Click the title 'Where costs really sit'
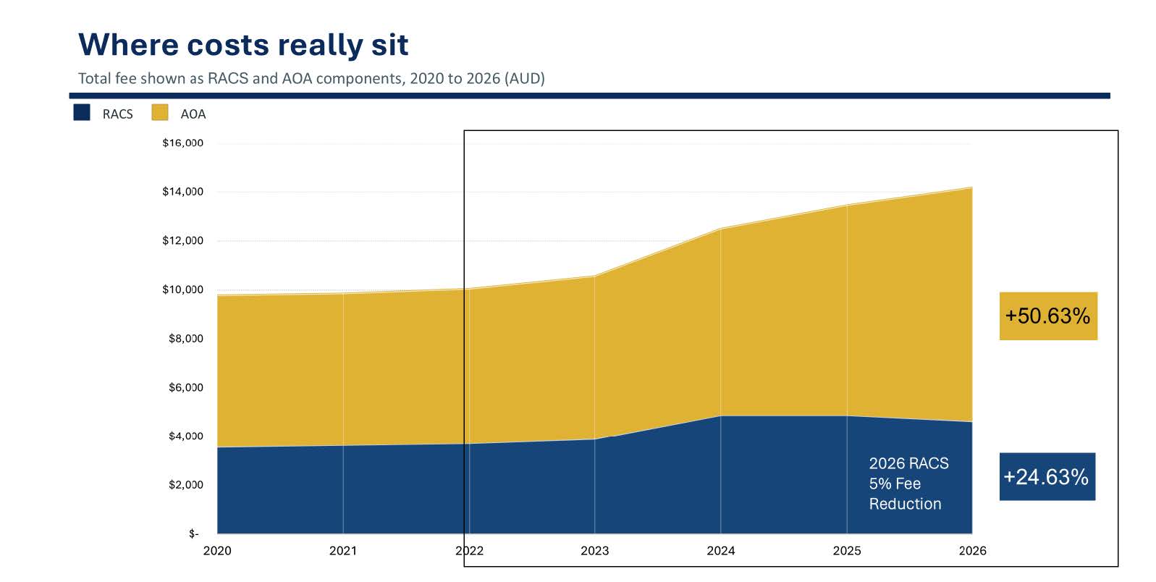click(243, 45)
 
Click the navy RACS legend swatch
click(82, 113)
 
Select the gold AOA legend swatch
click(160, 113)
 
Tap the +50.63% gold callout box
click(1047, 316)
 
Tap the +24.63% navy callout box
click(1046, 476)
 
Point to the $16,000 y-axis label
click(182, 143)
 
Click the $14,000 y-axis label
click(182, 192)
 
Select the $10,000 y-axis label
click(182, 290)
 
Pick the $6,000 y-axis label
click(185, 387)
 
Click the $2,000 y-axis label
click(185, 484)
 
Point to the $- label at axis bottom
click(193, 533)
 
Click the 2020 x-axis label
click(217, 551)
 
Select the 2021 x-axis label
click(343, 551)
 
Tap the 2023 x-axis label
click(595, 551)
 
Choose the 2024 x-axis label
click(721, 551)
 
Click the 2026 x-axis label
click(972, 551)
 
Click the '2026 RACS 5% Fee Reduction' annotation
click(908, 484)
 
